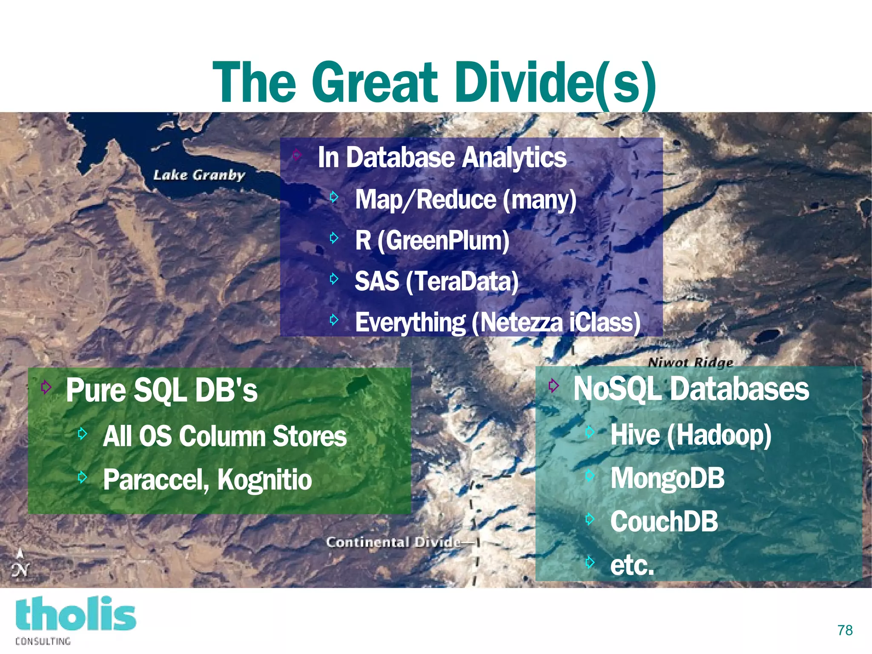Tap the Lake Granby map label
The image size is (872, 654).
pos(199,175)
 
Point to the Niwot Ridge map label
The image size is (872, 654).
pos(690,363)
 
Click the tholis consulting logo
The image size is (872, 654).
pos(75,619)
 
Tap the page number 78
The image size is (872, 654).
pos(845,630)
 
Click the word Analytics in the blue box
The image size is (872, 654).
pos(514,158)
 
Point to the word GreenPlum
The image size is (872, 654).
pos(443,241)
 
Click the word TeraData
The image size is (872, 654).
pos(462,282)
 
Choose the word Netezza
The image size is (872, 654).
pos(520,323)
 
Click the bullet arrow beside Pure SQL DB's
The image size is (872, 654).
pos(46,387)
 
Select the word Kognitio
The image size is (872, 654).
pos(264,480)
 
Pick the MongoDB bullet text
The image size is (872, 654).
pos(667,478)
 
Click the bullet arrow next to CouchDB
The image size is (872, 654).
pos(590,519)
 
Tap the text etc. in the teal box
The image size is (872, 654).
pos(632,565)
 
